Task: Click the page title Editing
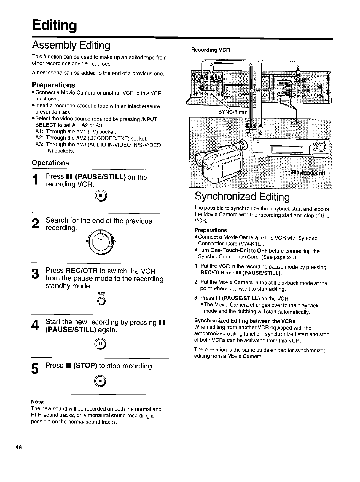click(55, 25)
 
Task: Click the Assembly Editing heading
click(71, 45)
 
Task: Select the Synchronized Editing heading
click(242, 197)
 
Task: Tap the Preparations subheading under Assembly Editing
click(53, 85)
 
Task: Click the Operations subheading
click(50, 163)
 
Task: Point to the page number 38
click(19, 447)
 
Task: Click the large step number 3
click(35, 273)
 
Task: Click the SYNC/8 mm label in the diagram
click(233, 112)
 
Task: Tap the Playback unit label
click(308, 173)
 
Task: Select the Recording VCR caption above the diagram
click(211, 50)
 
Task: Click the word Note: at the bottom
click(38, 402)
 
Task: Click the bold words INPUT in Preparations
click(149, 119)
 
